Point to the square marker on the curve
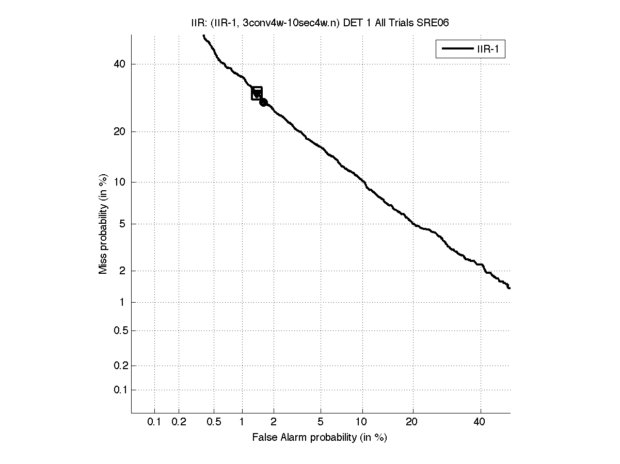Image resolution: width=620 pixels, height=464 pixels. click(x=257, y=93)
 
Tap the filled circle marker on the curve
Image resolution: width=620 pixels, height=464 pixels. click(x=263, y=102)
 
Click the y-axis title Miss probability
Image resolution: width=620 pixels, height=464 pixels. click(x=103, y=223)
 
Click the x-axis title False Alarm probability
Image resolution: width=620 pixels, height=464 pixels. click(x=320, y=438)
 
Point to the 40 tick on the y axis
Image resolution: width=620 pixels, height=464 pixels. click(x=120, y=64)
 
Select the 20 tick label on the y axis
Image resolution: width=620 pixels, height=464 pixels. click(x=120, y=131)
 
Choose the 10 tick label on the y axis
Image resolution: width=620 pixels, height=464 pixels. click(x=120, y=182)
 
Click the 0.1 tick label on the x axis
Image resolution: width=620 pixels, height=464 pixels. click(x=154, y=422)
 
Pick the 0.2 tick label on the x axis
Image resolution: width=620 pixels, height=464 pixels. click(x=179, y=422)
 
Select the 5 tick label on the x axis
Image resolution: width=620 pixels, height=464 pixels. click(x=321, y=422)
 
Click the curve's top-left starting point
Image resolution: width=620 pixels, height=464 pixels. click(x=204, y=36)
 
